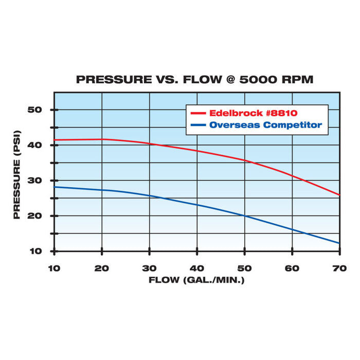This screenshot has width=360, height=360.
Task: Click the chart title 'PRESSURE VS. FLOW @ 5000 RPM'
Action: point(194,80)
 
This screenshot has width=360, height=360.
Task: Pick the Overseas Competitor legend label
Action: point(265,125)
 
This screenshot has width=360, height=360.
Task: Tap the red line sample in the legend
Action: point(198,113)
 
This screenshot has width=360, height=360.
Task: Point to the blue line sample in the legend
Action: point(198,125)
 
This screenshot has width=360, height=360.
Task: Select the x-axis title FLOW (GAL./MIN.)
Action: point(196,280)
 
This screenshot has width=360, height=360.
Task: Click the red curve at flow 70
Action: point(339,195)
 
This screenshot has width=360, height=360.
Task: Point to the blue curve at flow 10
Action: point(55,187)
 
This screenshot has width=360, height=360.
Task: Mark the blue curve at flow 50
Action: point(244,215)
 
